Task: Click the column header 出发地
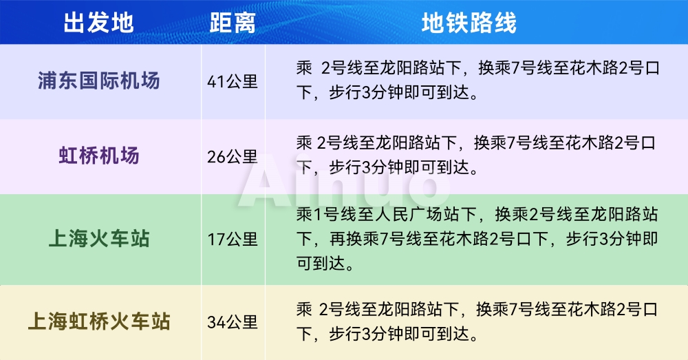pyautogui.click(x=98, y=23)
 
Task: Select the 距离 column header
pyautogui.click(x=233, y=23)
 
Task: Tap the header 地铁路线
pyautogui.click(x=469, y=23)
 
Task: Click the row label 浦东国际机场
pyautogui.click(x=98, y=81)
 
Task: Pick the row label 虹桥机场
pyautogui.click(x=98, y=156)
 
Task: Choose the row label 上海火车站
pyautogui.click(x=98, y=240)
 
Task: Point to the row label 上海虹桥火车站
pyautogui.click(x=98, y=321)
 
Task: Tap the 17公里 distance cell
pyautogui.click(x=233, y=240)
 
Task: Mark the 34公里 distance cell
pyautogui.click(x=233, y=321)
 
